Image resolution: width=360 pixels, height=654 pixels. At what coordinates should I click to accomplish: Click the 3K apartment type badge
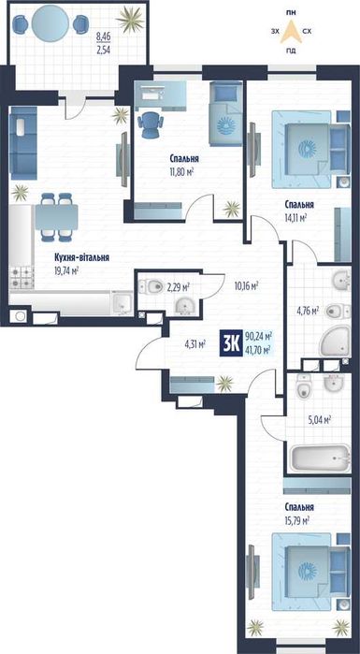pyautogui.click(x=231, y=343)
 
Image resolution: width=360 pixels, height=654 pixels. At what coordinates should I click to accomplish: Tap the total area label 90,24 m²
pyautogui.click(x=259, y=336)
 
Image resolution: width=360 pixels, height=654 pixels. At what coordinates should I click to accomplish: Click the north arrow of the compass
pyautogui.click(x=292, y=33)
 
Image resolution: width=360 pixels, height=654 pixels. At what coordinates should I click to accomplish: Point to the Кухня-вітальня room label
pyautogui.click(x=81, y=257)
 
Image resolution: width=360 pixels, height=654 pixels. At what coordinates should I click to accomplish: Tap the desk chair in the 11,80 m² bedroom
pyautogui.click(x=150, y=125)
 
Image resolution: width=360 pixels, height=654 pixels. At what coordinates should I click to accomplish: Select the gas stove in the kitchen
pyautogui.click(x=22, y=277)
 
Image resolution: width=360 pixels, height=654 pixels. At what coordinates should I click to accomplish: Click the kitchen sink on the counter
pyautogui.click(x=122, y=301)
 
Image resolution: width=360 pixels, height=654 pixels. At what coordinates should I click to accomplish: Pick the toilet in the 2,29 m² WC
pyautogui.click(x=151, y=286)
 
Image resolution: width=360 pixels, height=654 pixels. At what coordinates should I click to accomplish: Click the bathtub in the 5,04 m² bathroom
pyautogui.click(x=320, y=458)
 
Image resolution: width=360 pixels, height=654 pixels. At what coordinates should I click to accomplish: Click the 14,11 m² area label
pyautogui.click(x=296, y=217)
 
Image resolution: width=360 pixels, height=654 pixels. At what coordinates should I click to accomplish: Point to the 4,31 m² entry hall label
pyautogui.click(x=195, y=344)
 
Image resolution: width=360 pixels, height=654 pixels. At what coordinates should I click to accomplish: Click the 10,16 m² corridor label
pyautogui.click(x=247, y=286)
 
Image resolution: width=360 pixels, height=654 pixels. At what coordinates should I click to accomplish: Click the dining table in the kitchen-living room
pyautogui.click(x=56, y=217)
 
